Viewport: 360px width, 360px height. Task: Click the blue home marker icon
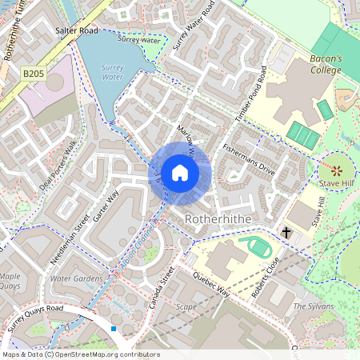[x=180, y=173]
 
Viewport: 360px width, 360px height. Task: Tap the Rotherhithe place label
[x=218, y=218]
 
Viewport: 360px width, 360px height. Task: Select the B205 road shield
[x=33, y=73]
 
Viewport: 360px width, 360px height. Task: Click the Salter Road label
[x=76, y=30]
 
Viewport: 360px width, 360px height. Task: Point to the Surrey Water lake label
[x=113, y=73]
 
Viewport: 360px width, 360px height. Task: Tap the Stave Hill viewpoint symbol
[x=336, y=170]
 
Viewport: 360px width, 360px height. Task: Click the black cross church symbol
[x=286, y=232]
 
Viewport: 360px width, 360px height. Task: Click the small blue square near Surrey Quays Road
[x=114, y=328]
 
